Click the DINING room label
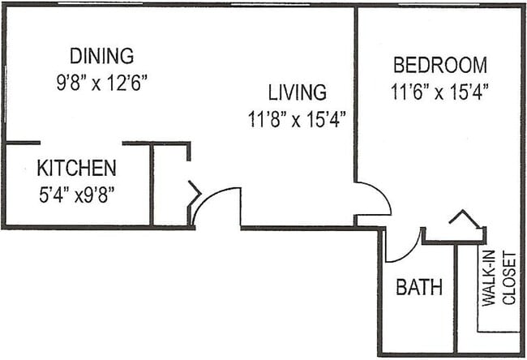[101, 56]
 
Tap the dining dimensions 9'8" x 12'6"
[101, 83]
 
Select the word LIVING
[298, 92]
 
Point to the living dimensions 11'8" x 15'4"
[298, 120]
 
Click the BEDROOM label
[440, 65]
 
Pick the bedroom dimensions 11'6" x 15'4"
[440, 92]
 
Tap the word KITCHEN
[76, 169]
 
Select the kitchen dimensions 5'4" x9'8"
[76, 195]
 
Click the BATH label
[419, 287]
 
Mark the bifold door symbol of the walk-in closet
[464, 219]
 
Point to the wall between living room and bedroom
[356, 97]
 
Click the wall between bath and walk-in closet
[456, 300]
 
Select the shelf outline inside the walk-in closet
[496, 329]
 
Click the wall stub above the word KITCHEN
[22, 143]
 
